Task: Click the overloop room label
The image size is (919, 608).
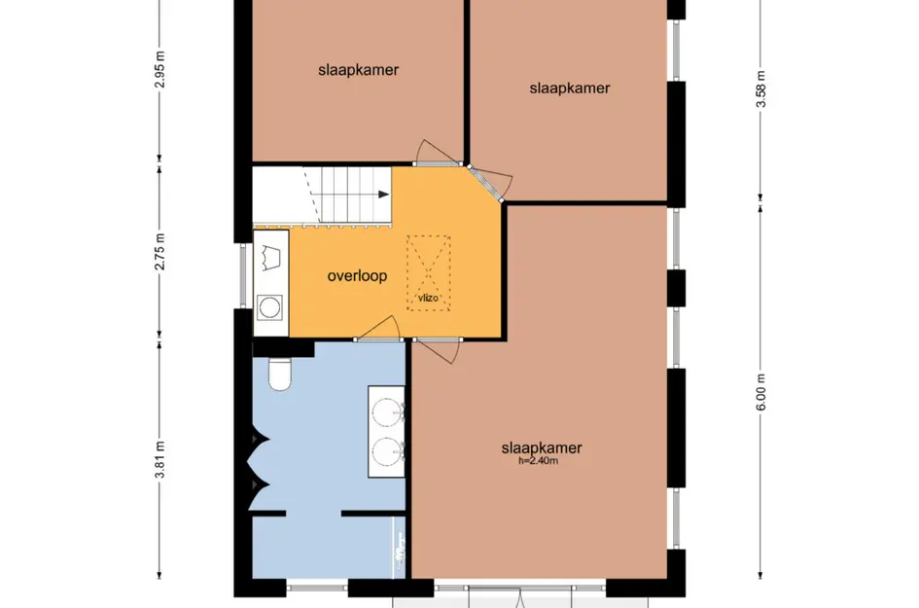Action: [x=357, y=275]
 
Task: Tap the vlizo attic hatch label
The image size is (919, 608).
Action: [x=428, y=298]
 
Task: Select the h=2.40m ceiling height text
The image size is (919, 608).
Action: [x=538, y=461]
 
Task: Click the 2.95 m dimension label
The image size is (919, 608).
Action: [x=160, y=70]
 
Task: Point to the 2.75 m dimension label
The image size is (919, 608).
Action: [x=160, y=252]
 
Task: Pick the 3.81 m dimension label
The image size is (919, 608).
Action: [x=160, y=459]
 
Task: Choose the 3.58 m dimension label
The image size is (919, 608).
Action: [x=760, y=89]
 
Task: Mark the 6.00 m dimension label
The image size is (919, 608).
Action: [x=760, y=392]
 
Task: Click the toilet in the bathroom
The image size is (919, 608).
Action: [x=279, y=375]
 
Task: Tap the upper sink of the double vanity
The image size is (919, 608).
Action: [x=386, y=411]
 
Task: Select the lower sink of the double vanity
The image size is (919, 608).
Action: [x=386, y=450]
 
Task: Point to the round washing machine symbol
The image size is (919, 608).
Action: [x=270, y=307]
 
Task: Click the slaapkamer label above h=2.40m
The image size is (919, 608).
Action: [x=542, y=447]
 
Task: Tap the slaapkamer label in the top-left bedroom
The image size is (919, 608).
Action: [x=358, y=70]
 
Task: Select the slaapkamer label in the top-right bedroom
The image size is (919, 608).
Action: [x=570, y=88]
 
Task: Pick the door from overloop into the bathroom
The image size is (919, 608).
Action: [x=378, y=329]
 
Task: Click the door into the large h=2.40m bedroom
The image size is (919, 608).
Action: [x=437, y=350]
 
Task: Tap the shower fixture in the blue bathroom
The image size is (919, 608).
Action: [x=401, y=546]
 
